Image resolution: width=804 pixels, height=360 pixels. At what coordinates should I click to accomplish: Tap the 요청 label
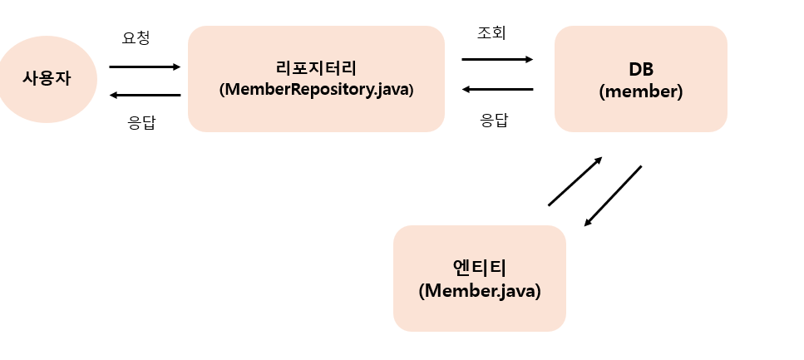pos(136,37)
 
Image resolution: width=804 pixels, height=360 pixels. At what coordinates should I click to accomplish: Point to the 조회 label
pos(491,33)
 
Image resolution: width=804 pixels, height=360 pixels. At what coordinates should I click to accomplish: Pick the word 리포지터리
pos(316,68)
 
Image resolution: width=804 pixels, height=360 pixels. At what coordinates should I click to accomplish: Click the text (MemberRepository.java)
pos(316,89)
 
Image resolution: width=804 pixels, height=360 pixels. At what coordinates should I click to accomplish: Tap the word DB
pos(640,69)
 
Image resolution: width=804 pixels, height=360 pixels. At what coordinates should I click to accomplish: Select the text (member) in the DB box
pos(640,91)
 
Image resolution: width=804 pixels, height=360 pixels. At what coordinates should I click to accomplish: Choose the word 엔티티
pos(480,268)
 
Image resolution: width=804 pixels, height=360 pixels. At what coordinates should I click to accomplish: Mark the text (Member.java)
pos(480,291)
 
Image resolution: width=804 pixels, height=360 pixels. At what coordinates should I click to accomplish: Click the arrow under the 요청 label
pos(144,67)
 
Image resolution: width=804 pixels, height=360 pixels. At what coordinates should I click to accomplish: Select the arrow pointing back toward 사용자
pos(144,95)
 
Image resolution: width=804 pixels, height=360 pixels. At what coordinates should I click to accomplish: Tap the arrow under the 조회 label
pos(497,59)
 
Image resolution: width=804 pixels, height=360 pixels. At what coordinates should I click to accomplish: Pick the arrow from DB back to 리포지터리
pos(497,89)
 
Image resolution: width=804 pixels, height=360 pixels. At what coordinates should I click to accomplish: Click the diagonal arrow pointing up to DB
pos(575,180)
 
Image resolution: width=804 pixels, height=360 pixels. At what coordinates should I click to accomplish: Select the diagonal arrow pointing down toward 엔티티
pos(614,195)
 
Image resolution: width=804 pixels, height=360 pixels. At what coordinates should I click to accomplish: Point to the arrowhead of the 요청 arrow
pos(177,67)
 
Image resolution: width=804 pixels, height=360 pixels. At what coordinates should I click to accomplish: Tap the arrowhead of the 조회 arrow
pos(530,59)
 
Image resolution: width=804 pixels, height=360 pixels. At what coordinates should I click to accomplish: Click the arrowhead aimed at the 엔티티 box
pos(588,223)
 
